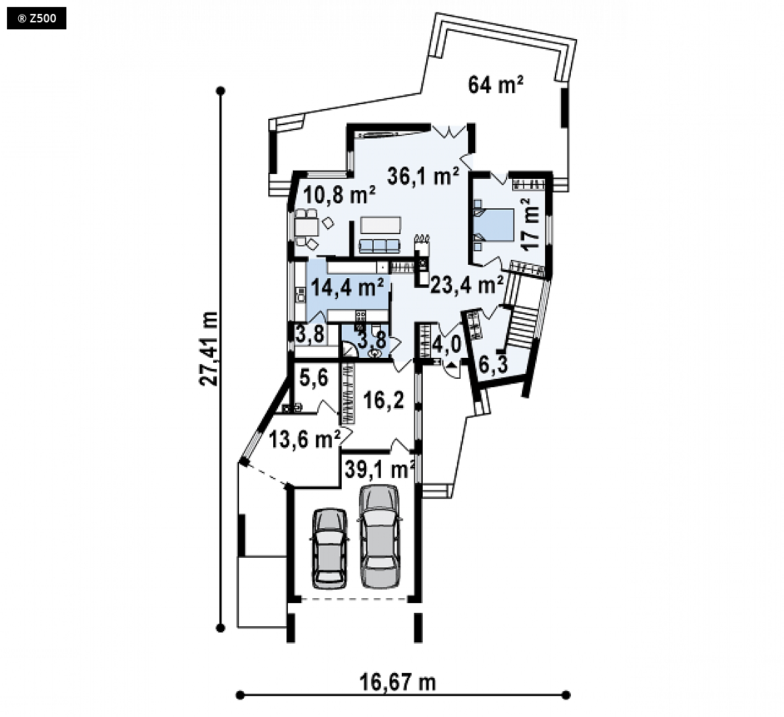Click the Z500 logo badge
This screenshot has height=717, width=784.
click(36, 19)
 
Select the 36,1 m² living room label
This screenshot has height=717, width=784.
click(423, 176)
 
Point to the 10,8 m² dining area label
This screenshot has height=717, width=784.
click(339, 194)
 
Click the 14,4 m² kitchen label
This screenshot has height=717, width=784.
click(347, 287)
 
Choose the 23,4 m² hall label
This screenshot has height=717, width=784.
click(467, 284)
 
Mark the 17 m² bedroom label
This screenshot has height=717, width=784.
click(531, 224)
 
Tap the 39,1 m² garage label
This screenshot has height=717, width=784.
click(379, 470)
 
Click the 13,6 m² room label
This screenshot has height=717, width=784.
click(305, 440)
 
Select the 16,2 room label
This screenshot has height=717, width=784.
click(384, 400)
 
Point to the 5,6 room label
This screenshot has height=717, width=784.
click(314, 377)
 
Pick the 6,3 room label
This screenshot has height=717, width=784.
click(493, 365)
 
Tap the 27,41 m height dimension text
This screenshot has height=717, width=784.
click(208, 349)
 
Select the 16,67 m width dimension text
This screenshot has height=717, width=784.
click(398, 681)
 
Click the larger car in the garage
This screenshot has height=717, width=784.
click(380, 536)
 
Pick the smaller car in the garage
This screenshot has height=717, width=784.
click(330, 549)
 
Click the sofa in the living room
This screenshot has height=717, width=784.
click(379, 245)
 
